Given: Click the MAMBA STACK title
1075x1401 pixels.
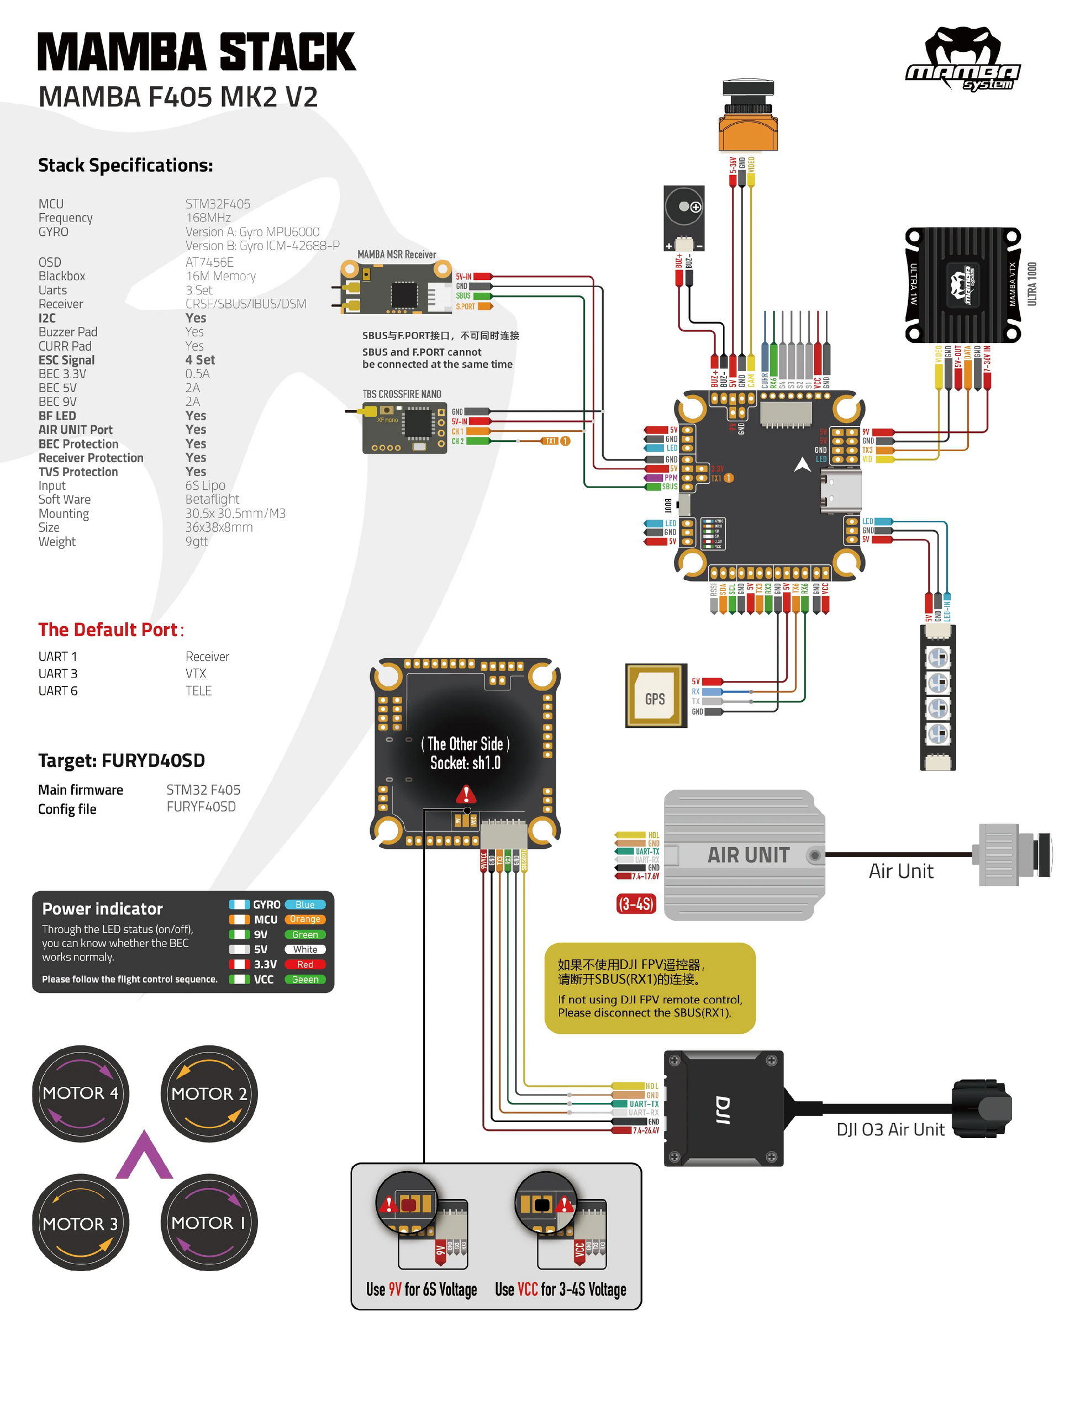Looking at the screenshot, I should pos(197,52).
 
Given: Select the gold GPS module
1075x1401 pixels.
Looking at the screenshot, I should pos(655,696).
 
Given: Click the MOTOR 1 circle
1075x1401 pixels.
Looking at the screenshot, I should pos(209,1223).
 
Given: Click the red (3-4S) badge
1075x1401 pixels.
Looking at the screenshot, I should pos(635,904).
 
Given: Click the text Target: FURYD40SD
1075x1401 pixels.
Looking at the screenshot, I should pos(122,760).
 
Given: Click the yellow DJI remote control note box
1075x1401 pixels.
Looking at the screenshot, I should pos(650,988).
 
